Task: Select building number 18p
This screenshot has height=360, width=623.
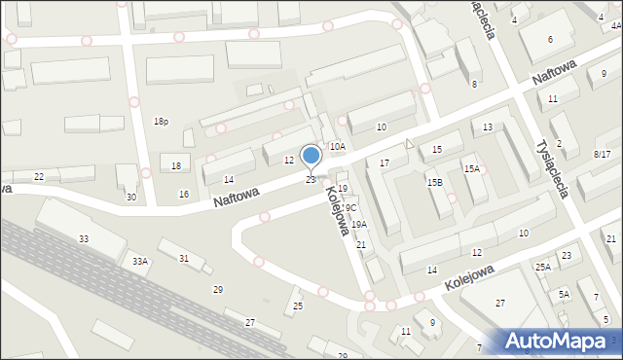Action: [161, 121]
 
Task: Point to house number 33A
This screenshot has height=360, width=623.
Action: [140, 261]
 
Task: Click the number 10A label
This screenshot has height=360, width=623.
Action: [337, 146]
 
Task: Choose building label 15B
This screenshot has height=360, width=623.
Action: [434, 182]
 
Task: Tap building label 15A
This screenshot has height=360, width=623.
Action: [471, 169]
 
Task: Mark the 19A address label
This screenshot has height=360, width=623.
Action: [358, 225]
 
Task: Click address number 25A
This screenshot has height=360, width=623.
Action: [542, 267]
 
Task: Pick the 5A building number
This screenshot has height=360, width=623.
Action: [564, 294]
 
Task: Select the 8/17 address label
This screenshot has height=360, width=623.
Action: [602, 155]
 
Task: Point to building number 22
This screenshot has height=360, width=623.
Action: [39, 176]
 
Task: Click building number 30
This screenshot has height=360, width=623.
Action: [131, 198]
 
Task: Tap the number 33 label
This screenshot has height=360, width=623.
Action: [84, 239]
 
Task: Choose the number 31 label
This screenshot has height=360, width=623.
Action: [184, 258]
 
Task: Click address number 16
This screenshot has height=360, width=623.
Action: [184, 195]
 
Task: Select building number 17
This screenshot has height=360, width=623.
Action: [385, 162]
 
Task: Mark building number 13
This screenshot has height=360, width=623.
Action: [488, 127]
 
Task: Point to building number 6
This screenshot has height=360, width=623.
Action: [550, 39]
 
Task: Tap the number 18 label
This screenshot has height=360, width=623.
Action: [176, 166]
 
